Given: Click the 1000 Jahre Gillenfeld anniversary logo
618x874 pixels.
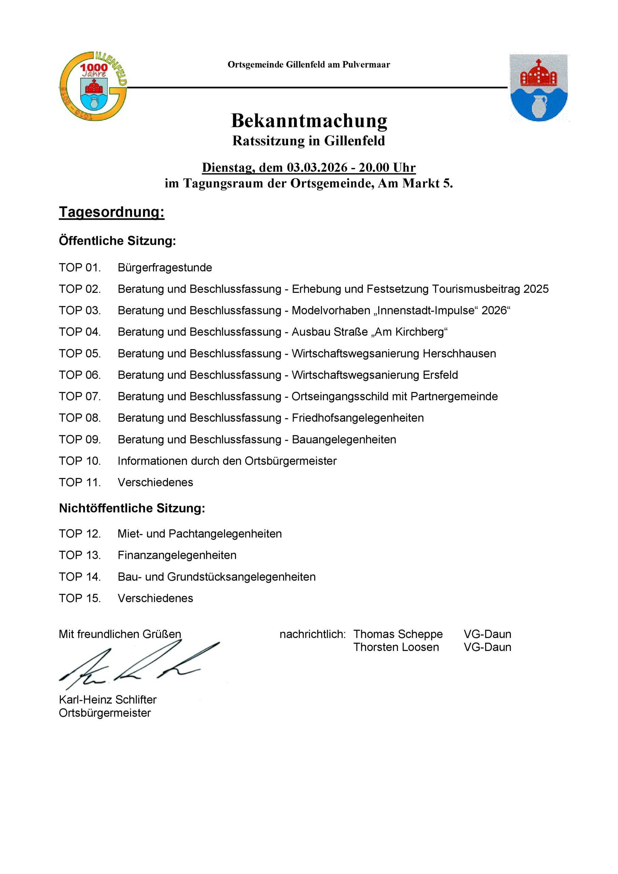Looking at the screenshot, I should [x=93, y=86].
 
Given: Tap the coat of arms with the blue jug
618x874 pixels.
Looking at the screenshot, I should [x=538, y=87].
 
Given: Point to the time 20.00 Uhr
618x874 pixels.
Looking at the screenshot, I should [x=387, y=168].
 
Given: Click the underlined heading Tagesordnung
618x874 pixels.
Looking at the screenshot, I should [x=112, y=212].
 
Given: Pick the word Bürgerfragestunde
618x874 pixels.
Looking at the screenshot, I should [x=165, y=268].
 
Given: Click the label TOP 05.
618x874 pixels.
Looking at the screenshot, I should [x=80, y=354].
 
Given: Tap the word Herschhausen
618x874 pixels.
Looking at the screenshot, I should [x=459, y=354].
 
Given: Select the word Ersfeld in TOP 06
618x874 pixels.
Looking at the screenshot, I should [x=440, y=375].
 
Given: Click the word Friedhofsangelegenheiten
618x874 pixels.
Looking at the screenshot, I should [x=357, y=418].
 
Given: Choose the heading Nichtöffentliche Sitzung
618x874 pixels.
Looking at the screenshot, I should [x=132, y=508].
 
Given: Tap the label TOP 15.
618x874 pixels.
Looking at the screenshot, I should [x=80, y=598].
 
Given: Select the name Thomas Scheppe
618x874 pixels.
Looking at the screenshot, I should [x=398, y=635].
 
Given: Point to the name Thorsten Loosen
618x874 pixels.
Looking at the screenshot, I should [x=396, y=647].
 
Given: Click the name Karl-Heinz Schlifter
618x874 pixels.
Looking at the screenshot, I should [x=107, y=700].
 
